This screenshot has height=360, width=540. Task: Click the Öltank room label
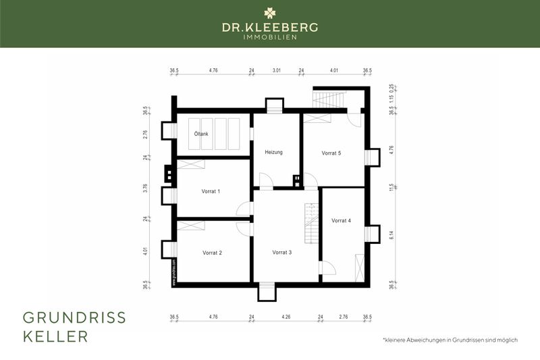(x=201, y=134)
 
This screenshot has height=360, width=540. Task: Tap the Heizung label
(x=273, y=153)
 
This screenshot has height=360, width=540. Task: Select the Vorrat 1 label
(x=211, y=191)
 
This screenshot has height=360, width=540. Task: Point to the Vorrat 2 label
(x=212, y=253)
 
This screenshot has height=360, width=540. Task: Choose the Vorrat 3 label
(x=281, y=253)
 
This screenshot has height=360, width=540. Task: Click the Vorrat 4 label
(x=341, y=220)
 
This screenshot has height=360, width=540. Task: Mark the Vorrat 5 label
(x=331, y=153)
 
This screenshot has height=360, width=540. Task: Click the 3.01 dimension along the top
(x=276, y=70)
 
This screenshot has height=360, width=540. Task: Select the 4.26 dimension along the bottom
(x=286, y=316)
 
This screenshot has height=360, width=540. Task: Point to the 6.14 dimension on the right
(x=392, y=234)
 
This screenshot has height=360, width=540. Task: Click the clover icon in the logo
(x=270, y=12)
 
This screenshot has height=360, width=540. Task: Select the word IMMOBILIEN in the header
(x=270, y=37)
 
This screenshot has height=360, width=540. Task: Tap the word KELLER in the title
(x=55, y=336)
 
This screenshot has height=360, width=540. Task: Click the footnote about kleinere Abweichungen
(x=449, y=340)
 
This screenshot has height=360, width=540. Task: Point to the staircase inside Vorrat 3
(x=310, y=224)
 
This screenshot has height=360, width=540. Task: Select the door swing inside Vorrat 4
(x=329, y=267)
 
